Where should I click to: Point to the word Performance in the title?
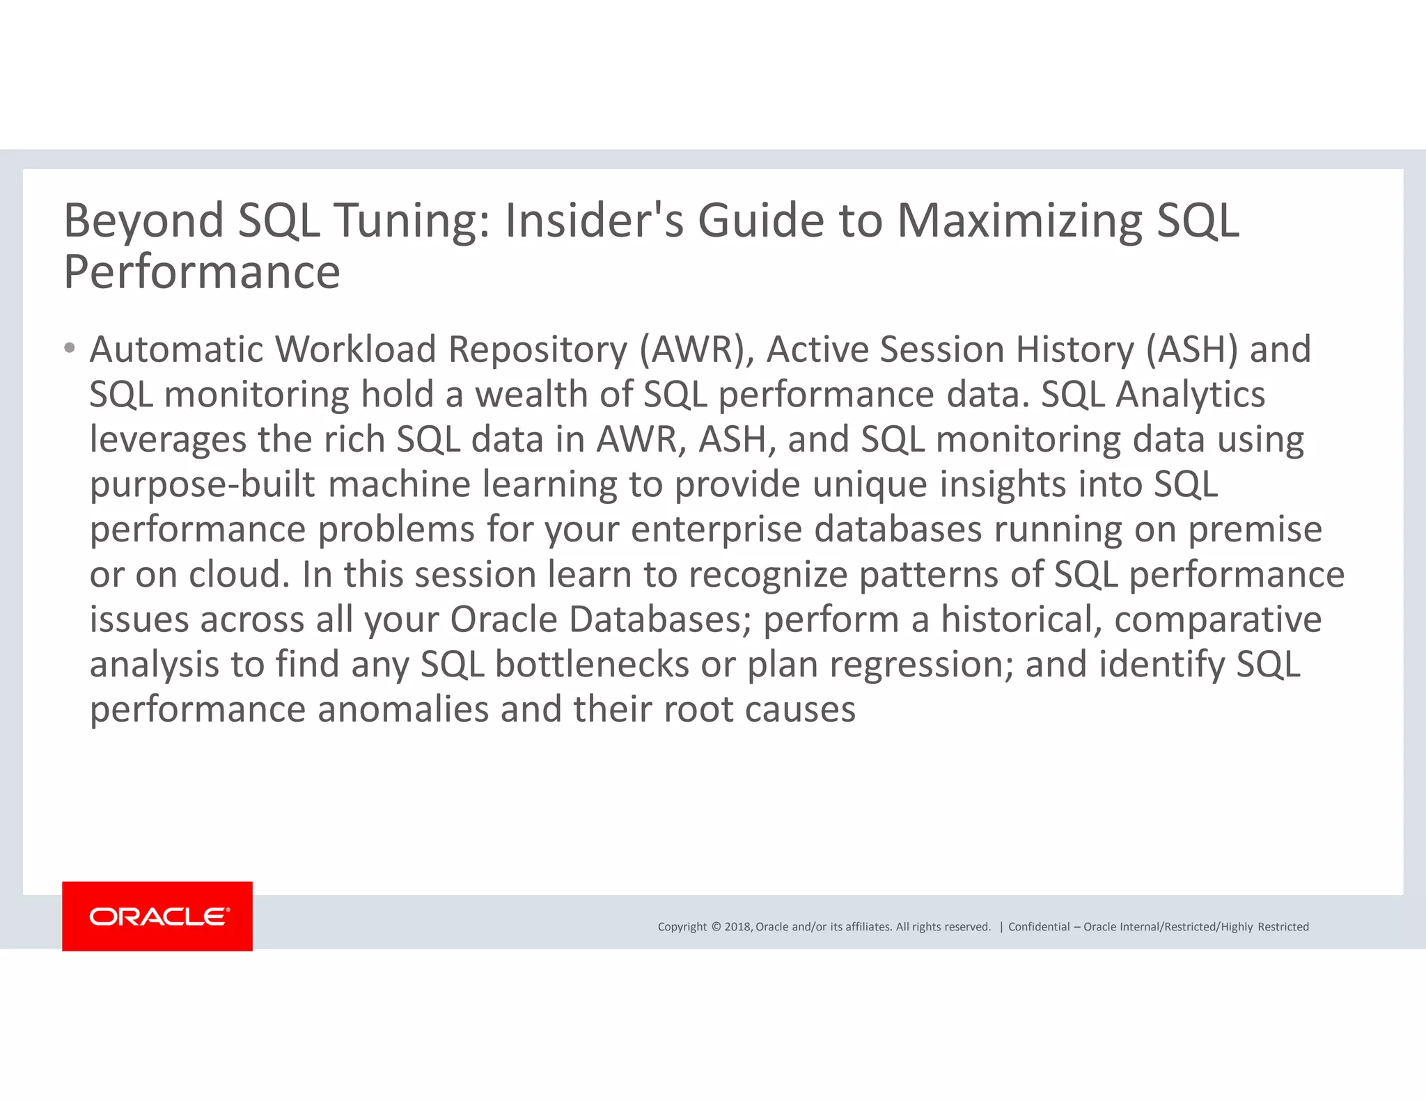(x=202, y=272)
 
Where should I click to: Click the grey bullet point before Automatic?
(x=69, y=347)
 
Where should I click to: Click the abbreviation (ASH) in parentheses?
(x=1192, y=349)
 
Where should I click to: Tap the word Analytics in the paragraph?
(x=1190, y=395)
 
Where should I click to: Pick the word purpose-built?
(x=203, y=484)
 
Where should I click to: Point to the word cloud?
(x=239, y=574)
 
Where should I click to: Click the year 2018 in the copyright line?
(x=737, y=927)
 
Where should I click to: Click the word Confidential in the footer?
(x=1039, y=927)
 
